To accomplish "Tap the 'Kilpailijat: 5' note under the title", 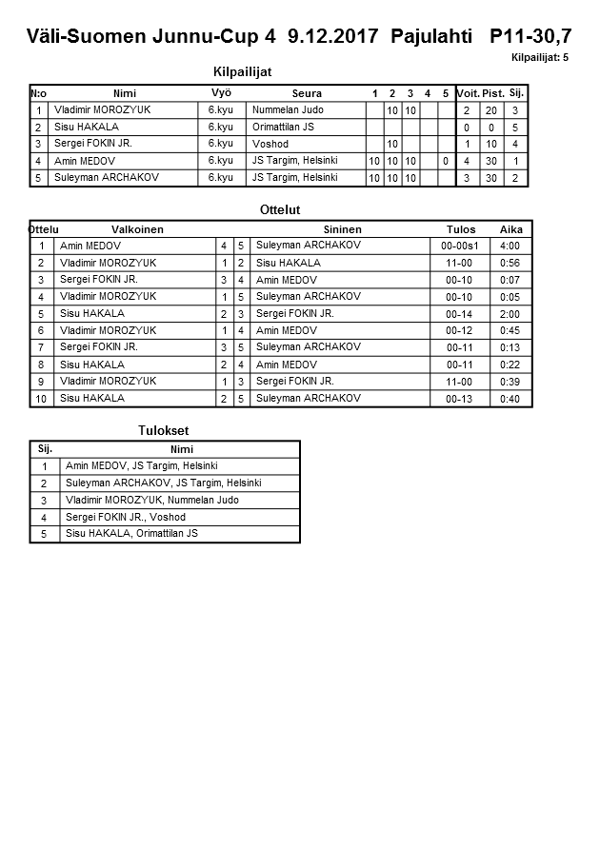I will pos(540,58).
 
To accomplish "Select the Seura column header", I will pos(307,93).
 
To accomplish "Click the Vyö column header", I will pos(221,93).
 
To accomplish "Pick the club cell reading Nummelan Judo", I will pos(288,110).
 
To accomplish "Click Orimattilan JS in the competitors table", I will pos(283,128).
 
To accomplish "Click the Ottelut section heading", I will pos(280,209).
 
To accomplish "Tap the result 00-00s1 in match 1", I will pos(460,246).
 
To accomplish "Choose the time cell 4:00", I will pos(510,246).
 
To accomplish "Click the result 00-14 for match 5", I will pos(460,313).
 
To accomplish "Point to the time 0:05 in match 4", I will pos(510,297).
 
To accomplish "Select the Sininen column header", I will pos(342,229).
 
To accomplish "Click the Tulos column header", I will pos(460,229).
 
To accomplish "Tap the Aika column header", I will pos(510,229).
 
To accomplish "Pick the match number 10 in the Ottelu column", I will pos(42,399).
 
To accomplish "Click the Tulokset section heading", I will pos(164,430).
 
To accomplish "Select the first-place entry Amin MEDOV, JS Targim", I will pos(141,466).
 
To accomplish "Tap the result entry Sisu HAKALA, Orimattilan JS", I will pos(131,534).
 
